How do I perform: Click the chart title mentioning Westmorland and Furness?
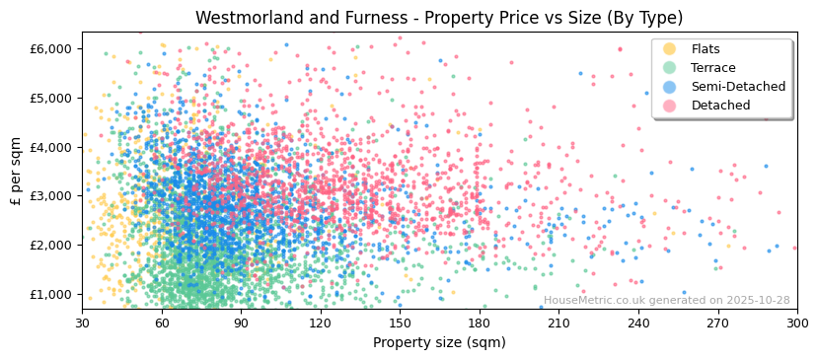[x=439, y=18]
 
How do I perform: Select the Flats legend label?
[x=706, y=49]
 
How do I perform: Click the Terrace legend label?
[x=713, y=68]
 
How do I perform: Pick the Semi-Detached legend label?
[x=738, y=87]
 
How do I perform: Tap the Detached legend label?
[x=720, y=106]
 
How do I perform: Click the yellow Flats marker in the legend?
[x=670, y=49]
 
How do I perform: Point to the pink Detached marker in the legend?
[x=670, y=106]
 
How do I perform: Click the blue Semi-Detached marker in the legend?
[x=670, y=87]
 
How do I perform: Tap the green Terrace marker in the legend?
[x=670, y=68]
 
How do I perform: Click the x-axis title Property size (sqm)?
[x=439, y=342]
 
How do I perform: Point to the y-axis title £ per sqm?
[x=17, y=171]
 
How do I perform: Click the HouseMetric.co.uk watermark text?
[x=667, y=301]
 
